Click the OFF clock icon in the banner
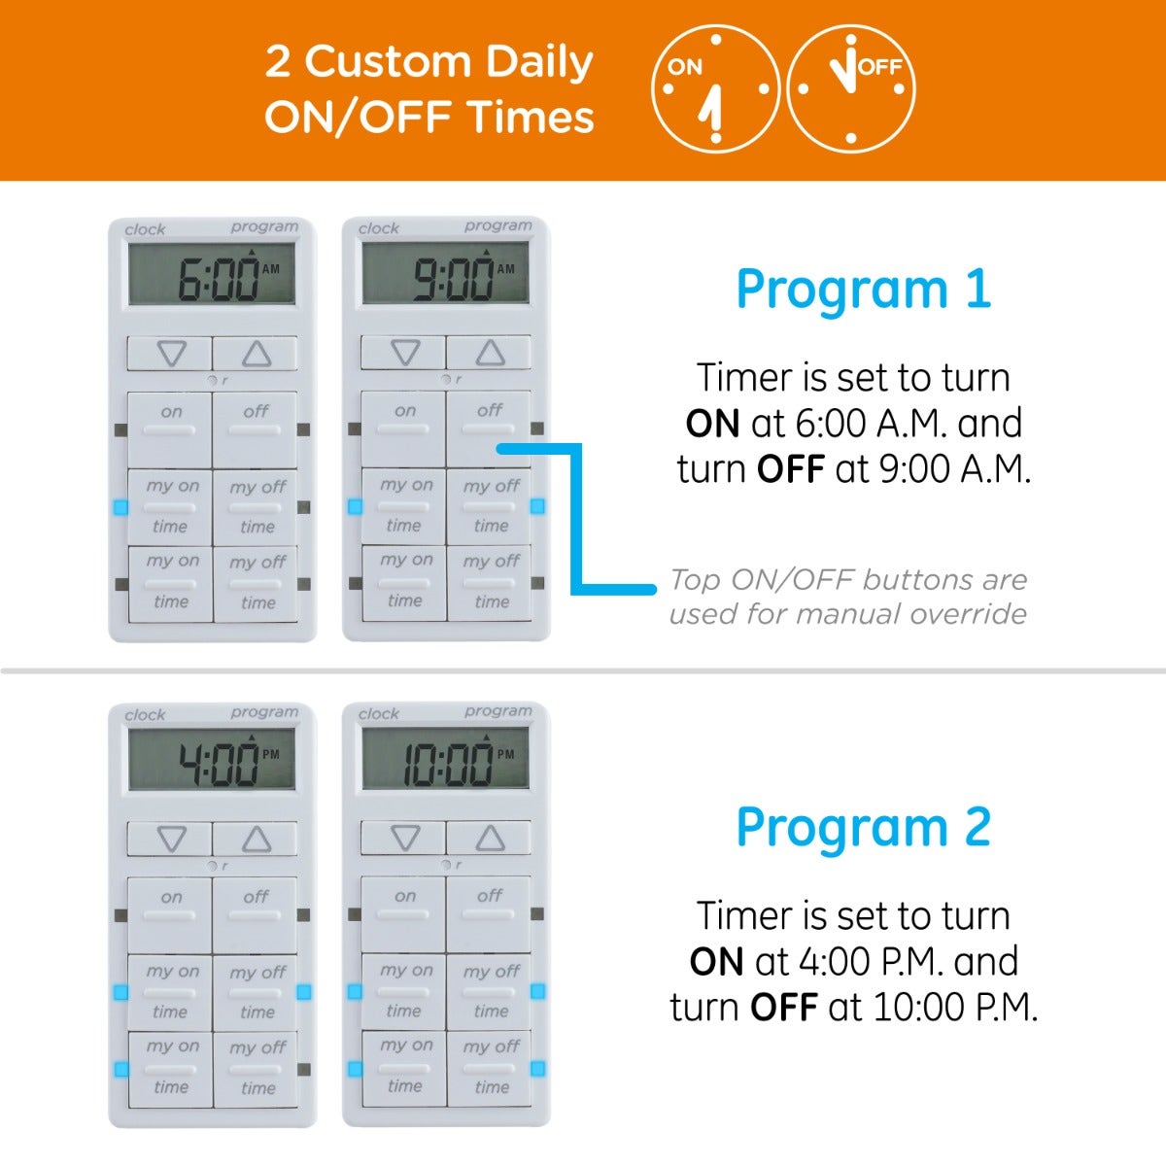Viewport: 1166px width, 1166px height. [x=851, y=89]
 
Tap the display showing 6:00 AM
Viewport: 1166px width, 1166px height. [x=212, y=274]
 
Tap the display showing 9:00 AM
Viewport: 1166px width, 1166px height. [x=446, y=273]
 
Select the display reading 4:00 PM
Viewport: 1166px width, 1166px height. [x=212, y=760]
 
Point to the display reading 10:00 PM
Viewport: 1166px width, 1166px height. [x=446, y=758]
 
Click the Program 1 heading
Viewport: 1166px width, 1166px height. [x=864, y=291]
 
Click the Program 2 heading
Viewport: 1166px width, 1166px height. [x=864, y=829]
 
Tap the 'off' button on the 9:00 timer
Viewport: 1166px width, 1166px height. [x=489, y=429]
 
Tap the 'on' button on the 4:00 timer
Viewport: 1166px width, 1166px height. [x=170, y=915]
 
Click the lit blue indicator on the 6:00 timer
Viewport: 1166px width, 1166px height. [x=121, y=507]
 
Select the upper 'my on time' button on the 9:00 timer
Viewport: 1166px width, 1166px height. [x=403, y=506]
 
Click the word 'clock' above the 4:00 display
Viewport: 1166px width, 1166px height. [x=145, y=715]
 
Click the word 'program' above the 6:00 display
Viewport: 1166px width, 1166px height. [x=264, y=227]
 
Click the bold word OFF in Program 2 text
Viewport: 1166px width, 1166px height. [x=783, y=1008]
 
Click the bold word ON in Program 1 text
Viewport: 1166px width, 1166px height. [x=712, y=423]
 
